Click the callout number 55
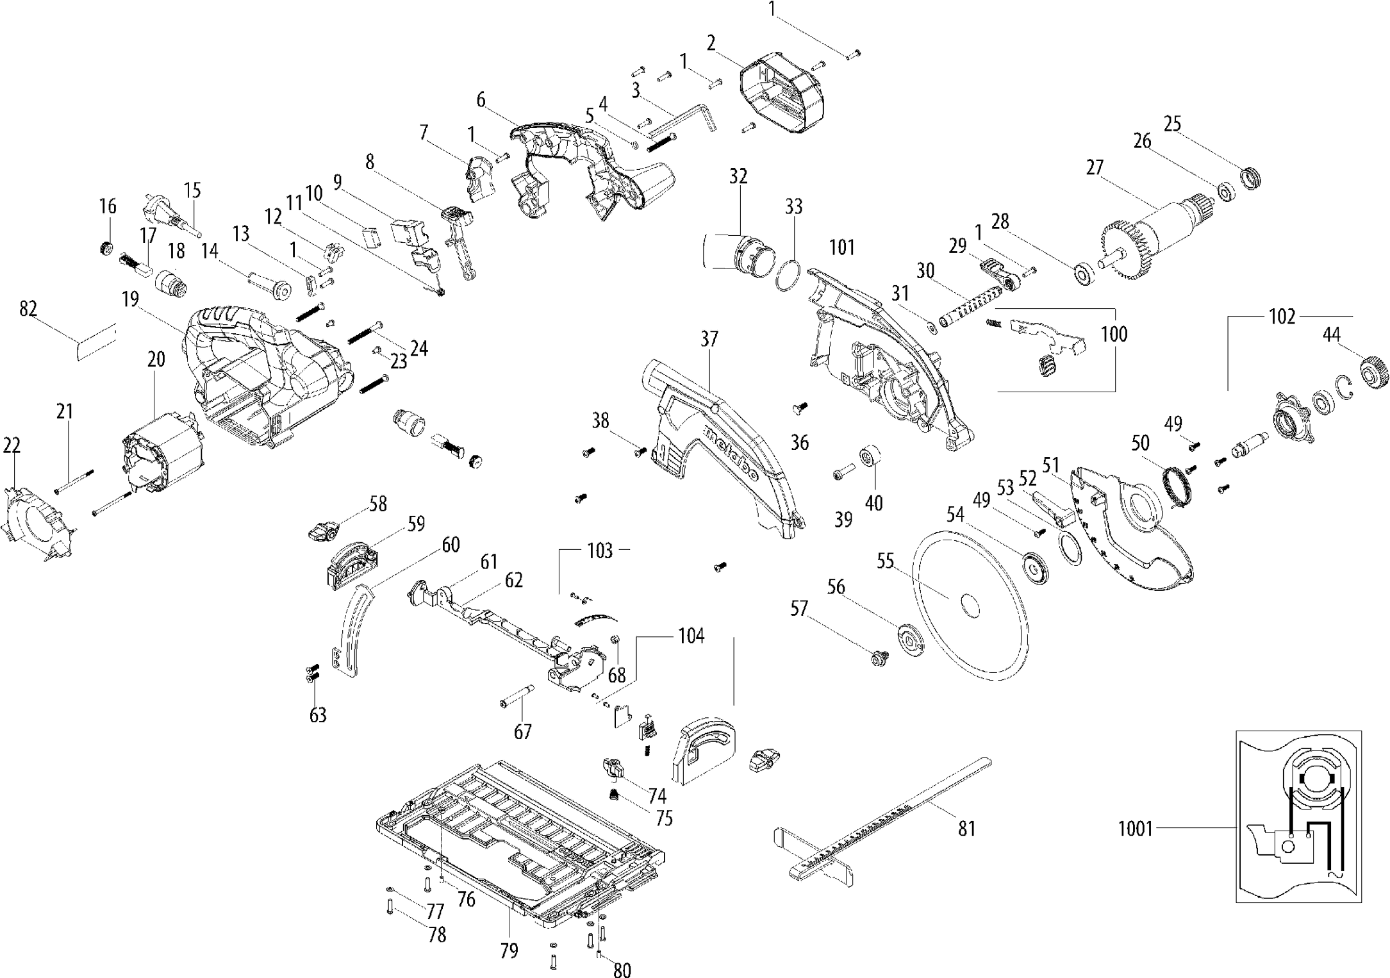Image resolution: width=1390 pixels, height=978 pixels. pos(885,561)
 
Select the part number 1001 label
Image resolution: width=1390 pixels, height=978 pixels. pos(1135,829)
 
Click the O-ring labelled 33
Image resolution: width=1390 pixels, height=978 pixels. pos(788,276)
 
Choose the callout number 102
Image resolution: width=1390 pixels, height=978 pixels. pos(1282,317)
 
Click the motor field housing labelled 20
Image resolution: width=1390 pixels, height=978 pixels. pos(163,452)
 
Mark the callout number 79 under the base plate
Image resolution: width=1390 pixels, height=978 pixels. pos(509,950)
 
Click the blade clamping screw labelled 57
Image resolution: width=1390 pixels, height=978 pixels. pos(879,657)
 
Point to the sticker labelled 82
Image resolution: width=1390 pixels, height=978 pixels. pos(95,344)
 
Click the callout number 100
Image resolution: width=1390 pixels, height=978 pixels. pos(1114,334)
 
